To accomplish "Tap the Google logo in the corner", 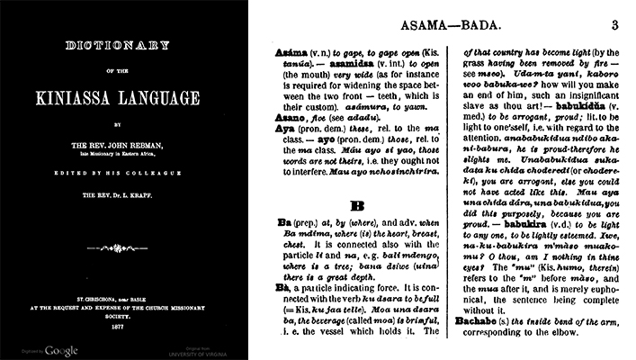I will [x=61, y=349].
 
